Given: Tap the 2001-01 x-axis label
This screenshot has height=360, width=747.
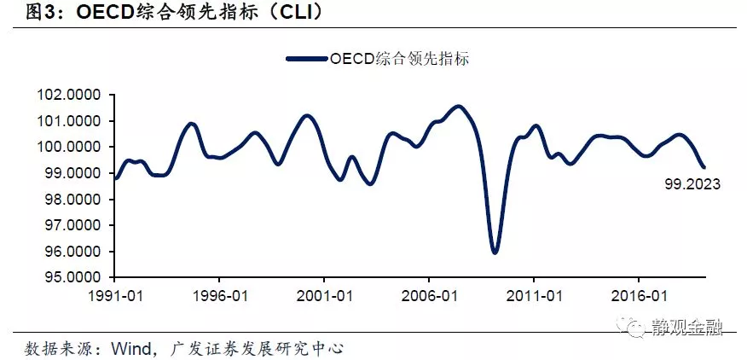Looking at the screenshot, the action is point(324,296).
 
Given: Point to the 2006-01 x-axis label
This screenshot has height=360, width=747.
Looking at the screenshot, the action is point(429,296).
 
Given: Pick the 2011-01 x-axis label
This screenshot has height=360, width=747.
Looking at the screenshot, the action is point(534,296).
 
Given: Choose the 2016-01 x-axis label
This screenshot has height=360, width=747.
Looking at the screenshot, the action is point(639,296).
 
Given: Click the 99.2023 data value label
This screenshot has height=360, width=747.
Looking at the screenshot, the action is point(692,184).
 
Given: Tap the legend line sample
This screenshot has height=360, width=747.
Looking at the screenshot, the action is point(307,59).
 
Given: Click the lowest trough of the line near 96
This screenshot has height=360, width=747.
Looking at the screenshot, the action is point(495,252).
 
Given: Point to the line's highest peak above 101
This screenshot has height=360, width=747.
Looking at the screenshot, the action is point(458,107).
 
